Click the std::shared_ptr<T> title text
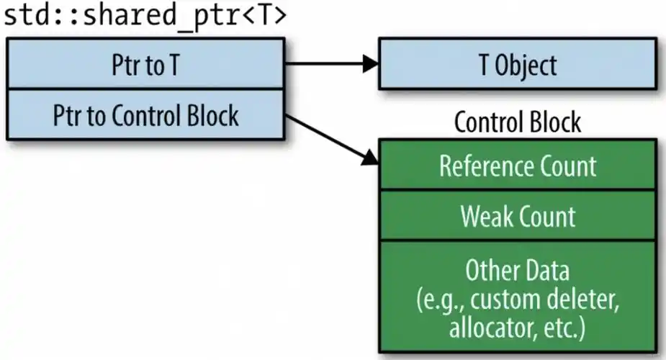pos(144,16)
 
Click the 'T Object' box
pos(517,65)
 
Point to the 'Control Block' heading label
pos(517,122)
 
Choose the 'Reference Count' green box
pos(517,166)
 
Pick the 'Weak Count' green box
pos(517,216)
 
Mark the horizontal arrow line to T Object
pos(324,64)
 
